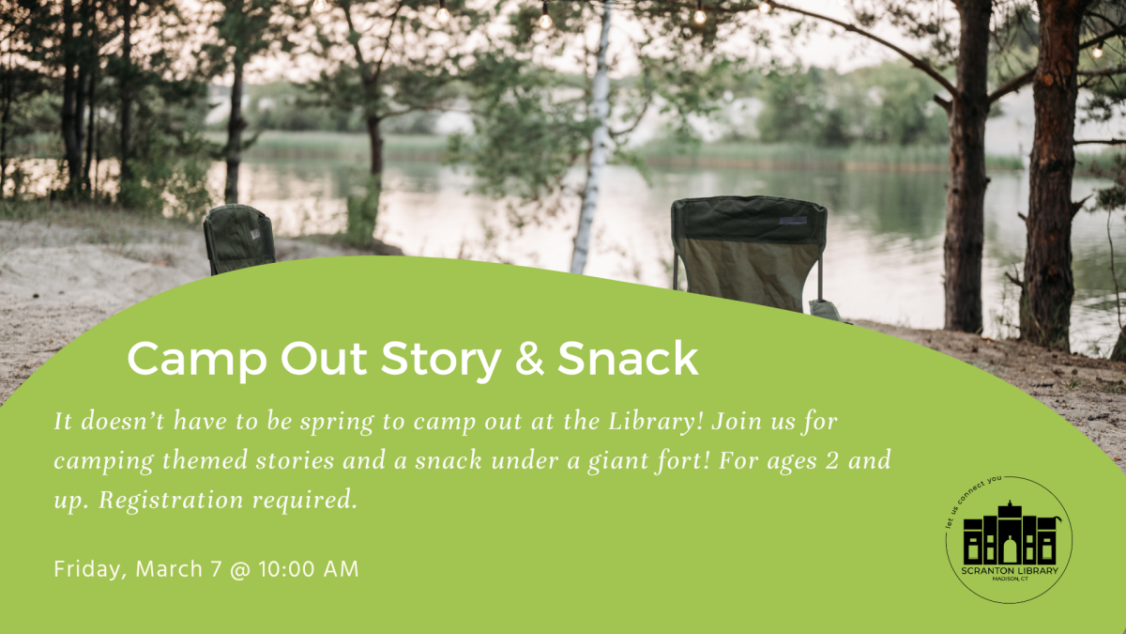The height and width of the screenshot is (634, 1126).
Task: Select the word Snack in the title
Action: click(x=629, y=360)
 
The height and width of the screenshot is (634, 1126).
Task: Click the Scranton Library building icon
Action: click(x=1010, y=533)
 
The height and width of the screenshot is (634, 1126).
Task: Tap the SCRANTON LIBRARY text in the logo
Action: click(x=1010, y=570)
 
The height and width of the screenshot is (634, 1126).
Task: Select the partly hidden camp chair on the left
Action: click(x=239, y=239)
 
